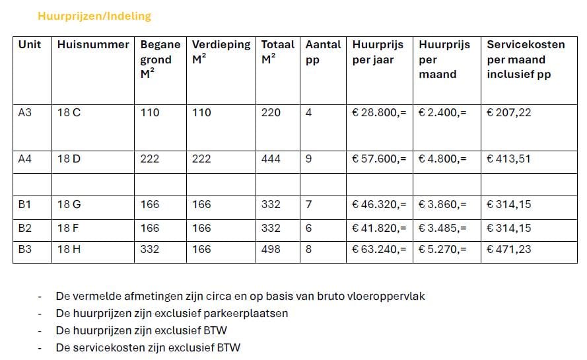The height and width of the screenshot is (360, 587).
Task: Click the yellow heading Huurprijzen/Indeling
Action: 94,16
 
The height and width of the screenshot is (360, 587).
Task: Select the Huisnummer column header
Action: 93,45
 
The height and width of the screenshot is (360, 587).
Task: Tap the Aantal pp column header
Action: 323,52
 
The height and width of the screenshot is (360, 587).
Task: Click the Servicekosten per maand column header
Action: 526,59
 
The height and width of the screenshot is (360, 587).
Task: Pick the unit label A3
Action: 24,113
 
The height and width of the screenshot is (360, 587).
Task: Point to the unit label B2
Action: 24,229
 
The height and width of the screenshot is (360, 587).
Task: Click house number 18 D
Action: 69,159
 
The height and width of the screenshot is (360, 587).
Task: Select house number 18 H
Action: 69,250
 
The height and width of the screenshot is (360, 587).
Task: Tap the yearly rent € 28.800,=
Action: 379,113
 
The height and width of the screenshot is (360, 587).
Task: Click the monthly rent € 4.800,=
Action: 442,159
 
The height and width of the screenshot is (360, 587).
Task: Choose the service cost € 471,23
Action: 508,250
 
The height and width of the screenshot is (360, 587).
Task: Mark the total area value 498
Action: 271,250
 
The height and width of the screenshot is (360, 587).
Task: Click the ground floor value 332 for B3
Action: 150,250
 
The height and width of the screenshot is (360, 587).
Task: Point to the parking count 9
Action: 309,159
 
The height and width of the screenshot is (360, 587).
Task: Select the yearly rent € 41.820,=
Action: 379,229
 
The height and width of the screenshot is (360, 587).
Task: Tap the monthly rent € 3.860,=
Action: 442,205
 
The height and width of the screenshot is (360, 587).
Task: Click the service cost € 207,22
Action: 508,113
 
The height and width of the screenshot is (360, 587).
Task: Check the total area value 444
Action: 271,159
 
